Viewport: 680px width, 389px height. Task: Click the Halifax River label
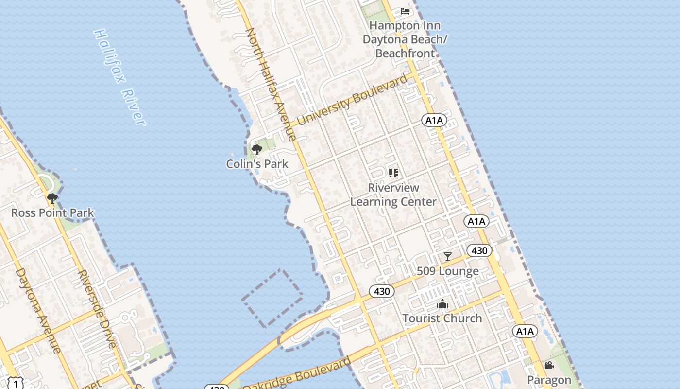119,77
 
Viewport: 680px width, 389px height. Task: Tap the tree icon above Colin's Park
257,149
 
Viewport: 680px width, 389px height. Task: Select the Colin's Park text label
257,164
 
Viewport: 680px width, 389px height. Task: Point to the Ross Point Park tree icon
52,198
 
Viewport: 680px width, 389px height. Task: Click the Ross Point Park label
52,213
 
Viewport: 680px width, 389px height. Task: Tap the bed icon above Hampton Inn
405,11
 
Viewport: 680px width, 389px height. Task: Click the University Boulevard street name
353,100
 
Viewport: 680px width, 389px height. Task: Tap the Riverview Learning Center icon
393,173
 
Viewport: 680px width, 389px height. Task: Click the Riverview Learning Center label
393,194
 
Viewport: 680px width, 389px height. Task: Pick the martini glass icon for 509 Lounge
448,256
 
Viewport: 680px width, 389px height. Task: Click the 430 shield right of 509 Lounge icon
479,250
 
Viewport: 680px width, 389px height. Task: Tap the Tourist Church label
442,318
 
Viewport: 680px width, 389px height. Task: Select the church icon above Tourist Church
442,304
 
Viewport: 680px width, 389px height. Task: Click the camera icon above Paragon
549,366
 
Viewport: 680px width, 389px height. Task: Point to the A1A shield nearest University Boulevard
434,120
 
